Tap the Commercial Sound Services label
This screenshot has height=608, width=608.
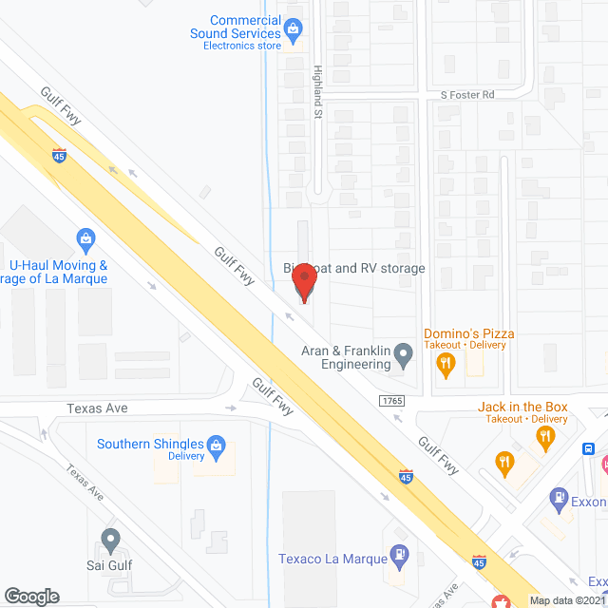point(246,27)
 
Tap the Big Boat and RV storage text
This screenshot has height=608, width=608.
point(353,269)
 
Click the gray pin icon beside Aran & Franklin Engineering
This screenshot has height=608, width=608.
point(404,357)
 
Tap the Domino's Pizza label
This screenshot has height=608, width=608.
point(470,333)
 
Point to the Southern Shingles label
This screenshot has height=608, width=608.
point(151,444)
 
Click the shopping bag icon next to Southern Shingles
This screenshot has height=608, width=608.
point(217,444)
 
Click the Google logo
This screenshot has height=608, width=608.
point(30,596)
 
